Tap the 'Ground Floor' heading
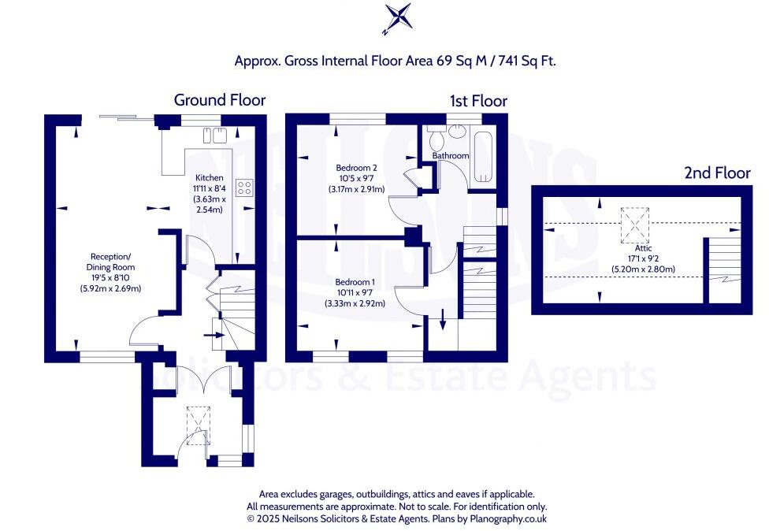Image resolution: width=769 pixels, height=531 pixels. [219, 100]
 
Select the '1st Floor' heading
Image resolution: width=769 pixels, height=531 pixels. [478, 101]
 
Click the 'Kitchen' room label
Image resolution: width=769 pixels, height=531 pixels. [210, 178]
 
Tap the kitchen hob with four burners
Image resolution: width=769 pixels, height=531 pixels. [245, 188]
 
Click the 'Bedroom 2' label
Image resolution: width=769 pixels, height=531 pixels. [357, 168]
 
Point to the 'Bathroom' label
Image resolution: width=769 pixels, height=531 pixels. [451, 156]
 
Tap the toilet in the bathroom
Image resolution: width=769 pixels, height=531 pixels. [437, 139]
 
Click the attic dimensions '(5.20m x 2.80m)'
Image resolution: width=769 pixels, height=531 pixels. [643, 269]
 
